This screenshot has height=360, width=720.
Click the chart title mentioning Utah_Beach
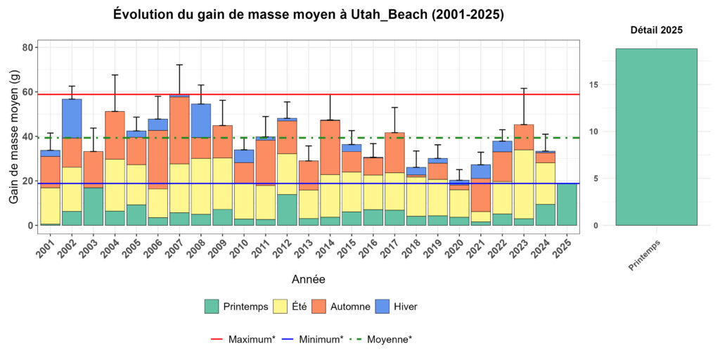[x=309, y=15]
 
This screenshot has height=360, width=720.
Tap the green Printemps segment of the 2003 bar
[x=93, y=206]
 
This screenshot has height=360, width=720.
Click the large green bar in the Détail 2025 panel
[x=656, y=136]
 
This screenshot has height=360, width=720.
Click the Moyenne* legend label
[x=390, y=339]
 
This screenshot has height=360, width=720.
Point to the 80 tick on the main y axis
[x=28, y=47]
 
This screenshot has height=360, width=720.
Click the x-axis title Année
[x=308, y=279]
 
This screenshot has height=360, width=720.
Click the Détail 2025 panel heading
[x=655, y=30]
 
